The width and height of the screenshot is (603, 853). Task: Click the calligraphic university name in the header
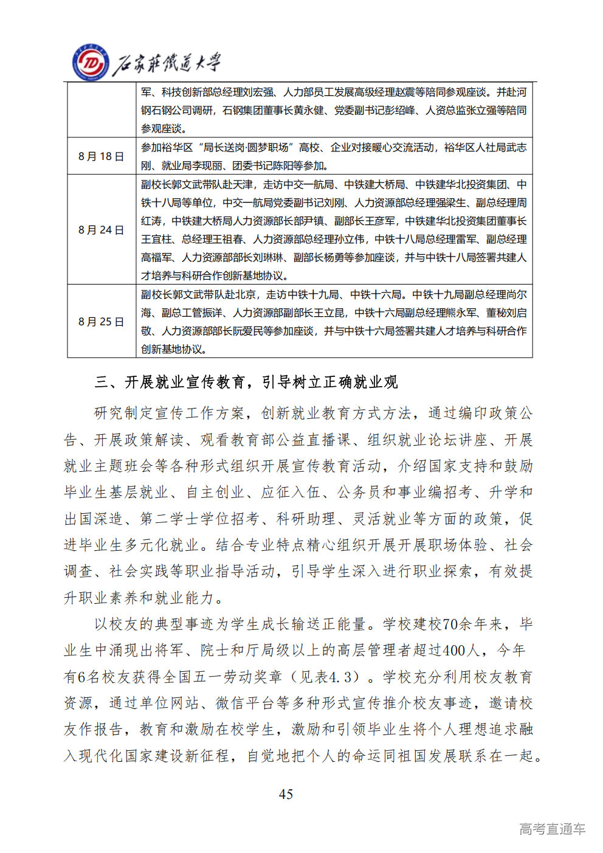pos(167,64)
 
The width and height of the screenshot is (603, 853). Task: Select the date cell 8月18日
pos(101,156)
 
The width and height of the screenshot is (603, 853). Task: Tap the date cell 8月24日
pos(101,230)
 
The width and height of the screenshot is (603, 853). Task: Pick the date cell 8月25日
pos(101,322)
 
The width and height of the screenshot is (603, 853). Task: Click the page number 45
pos(286,794)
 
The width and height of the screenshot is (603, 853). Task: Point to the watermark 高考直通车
pos(552,829)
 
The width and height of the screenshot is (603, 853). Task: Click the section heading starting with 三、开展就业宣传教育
pos(246,382)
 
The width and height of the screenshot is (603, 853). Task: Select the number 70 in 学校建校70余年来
pos(451,624)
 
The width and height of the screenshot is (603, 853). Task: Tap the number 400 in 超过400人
pos(455,651)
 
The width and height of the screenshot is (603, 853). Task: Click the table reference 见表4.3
pos(335,677)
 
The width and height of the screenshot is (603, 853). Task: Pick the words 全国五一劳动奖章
pos(222,677)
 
